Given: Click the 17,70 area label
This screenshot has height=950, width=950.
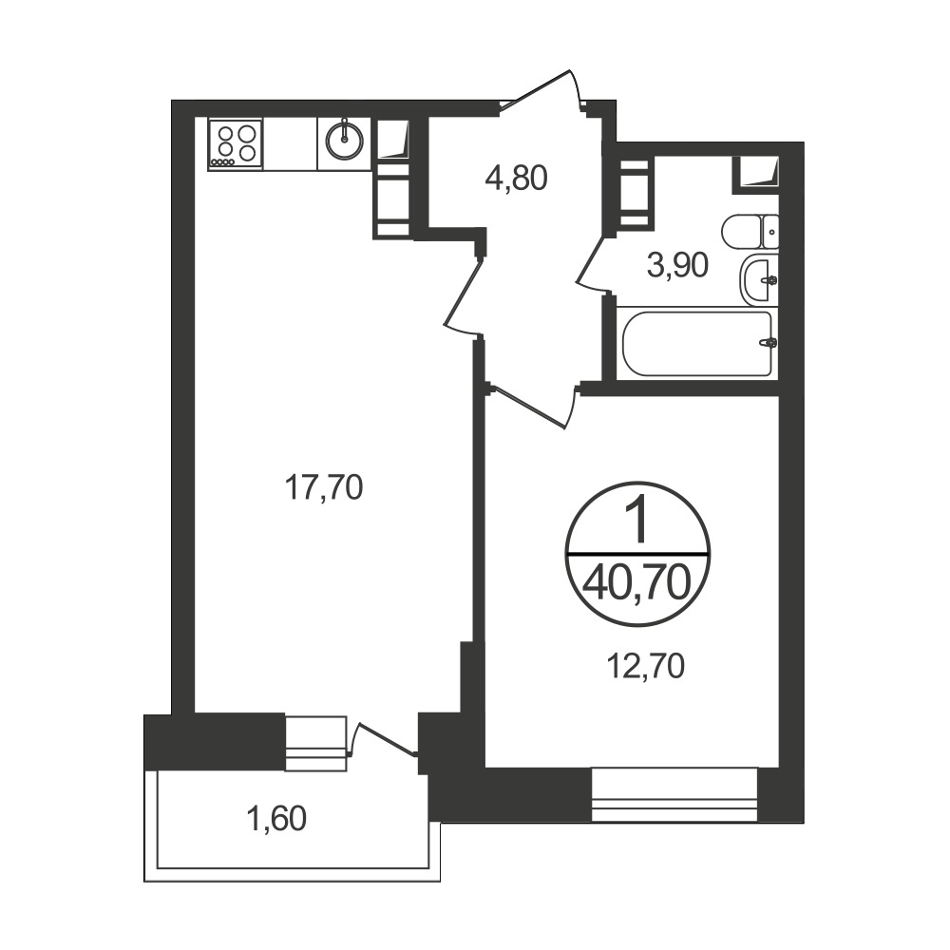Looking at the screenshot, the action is pos(324,487).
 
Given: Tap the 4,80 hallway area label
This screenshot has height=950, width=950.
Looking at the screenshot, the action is pos(516,179).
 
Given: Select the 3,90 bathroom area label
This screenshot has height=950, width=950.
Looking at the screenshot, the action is pos(677,265).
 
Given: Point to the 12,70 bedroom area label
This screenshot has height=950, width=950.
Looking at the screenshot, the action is pos(646,666).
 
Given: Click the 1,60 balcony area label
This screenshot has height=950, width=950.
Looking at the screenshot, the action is pos(276,819).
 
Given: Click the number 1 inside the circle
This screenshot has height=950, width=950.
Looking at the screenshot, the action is pos(637,518).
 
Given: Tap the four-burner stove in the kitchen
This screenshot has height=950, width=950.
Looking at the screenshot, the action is pos(235,144).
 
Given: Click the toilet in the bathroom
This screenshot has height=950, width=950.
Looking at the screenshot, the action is pos(750,232).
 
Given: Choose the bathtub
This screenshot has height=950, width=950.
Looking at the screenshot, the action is pos(697,344).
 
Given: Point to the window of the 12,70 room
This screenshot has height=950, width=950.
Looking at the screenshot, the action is pos(674,794).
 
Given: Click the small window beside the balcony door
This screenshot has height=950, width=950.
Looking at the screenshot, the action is pos(315,744).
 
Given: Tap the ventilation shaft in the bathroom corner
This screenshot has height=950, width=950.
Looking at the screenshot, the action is pos(755,173).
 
